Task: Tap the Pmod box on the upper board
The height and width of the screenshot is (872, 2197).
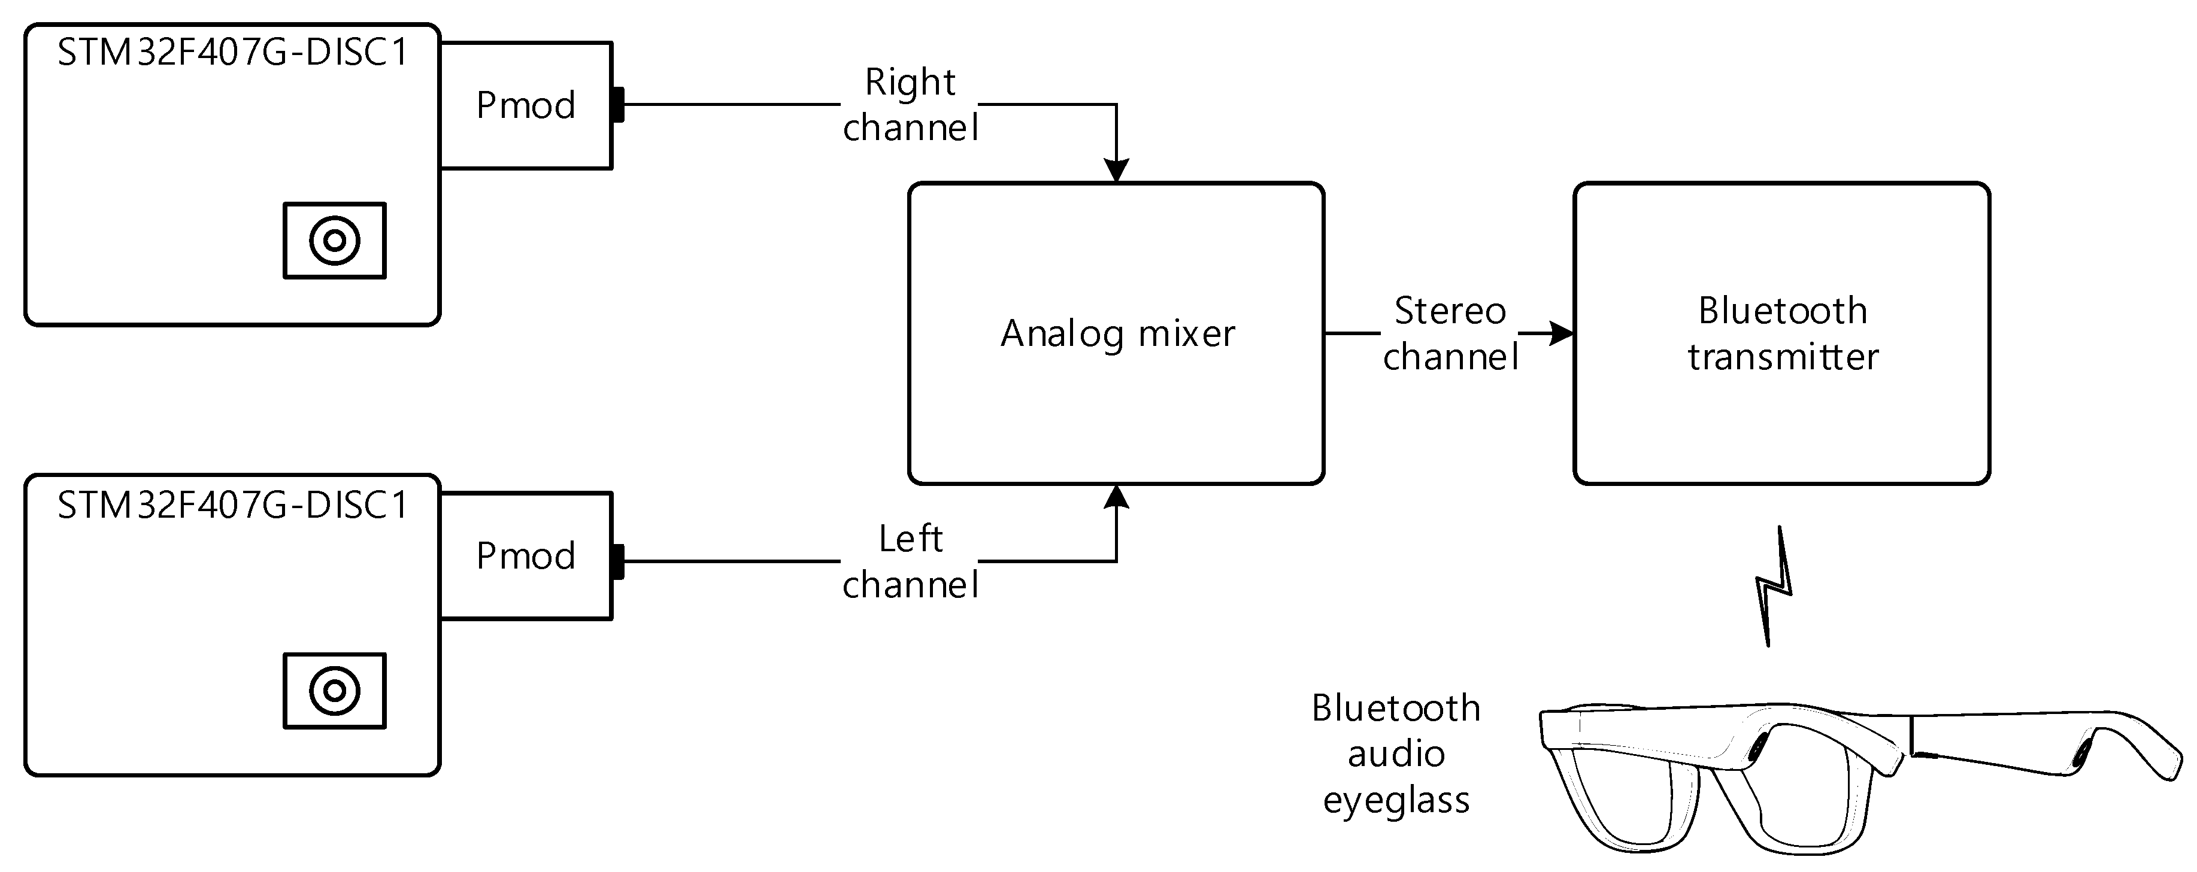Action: click(525, 105)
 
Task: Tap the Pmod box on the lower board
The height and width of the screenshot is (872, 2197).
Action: click(525, 556)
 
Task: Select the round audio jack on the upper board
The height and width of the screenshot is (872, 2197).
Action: click(334, 241)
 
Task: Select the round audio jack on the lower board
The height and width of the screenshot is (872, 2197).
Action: click(334, 691)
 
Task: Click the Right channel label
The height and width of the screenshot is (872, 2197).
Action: click(910, 105)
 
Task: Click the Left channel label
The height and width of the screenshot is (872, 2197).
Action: click(910, 562)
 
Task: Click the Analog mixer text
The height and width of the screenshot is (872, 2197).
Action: click(1117, 333)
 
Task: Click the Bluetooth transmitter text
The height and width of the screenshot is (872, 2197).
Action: click(1783, 333)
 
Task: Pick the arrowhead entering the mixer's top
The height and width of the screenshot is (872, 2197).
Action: click(1116, 171)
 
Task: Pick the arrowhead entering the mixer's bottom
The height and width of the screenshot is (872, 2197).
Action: click(1116, 497)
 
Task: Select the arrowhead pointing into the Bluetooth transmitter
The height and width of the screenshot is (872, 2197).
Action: click(1560, 333)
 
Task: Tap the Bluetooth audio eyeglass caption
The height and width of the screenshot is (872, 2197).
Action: click(1396, 753)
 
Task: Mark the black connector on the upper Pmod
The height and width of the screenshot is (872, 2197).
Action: click(617, 105)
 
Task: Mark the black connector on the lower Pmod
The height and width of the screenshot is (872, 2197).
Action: click(617, 562)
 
